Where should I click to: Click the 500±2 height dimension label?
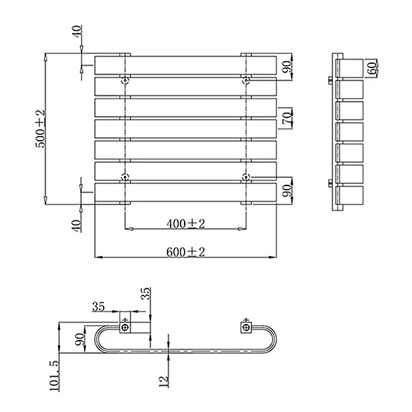(x=41, y=129)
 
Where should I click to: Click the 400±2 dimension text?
(x=185, y=224)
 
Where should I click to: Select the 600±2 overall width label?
(x=185, y=252)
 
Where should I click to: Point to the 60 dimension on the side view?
(x=372, y=68)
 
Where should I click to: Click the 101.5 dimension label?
(x=54, y=376)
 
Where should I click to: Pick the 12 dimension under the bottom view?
(x=163, y=381)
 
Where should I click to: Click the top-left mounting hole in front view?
(x=125, y=80)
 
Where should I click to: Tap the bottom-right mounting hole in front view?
(x=246, y=177)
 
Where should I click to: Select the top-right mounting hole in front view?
(x=246, y=80)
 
